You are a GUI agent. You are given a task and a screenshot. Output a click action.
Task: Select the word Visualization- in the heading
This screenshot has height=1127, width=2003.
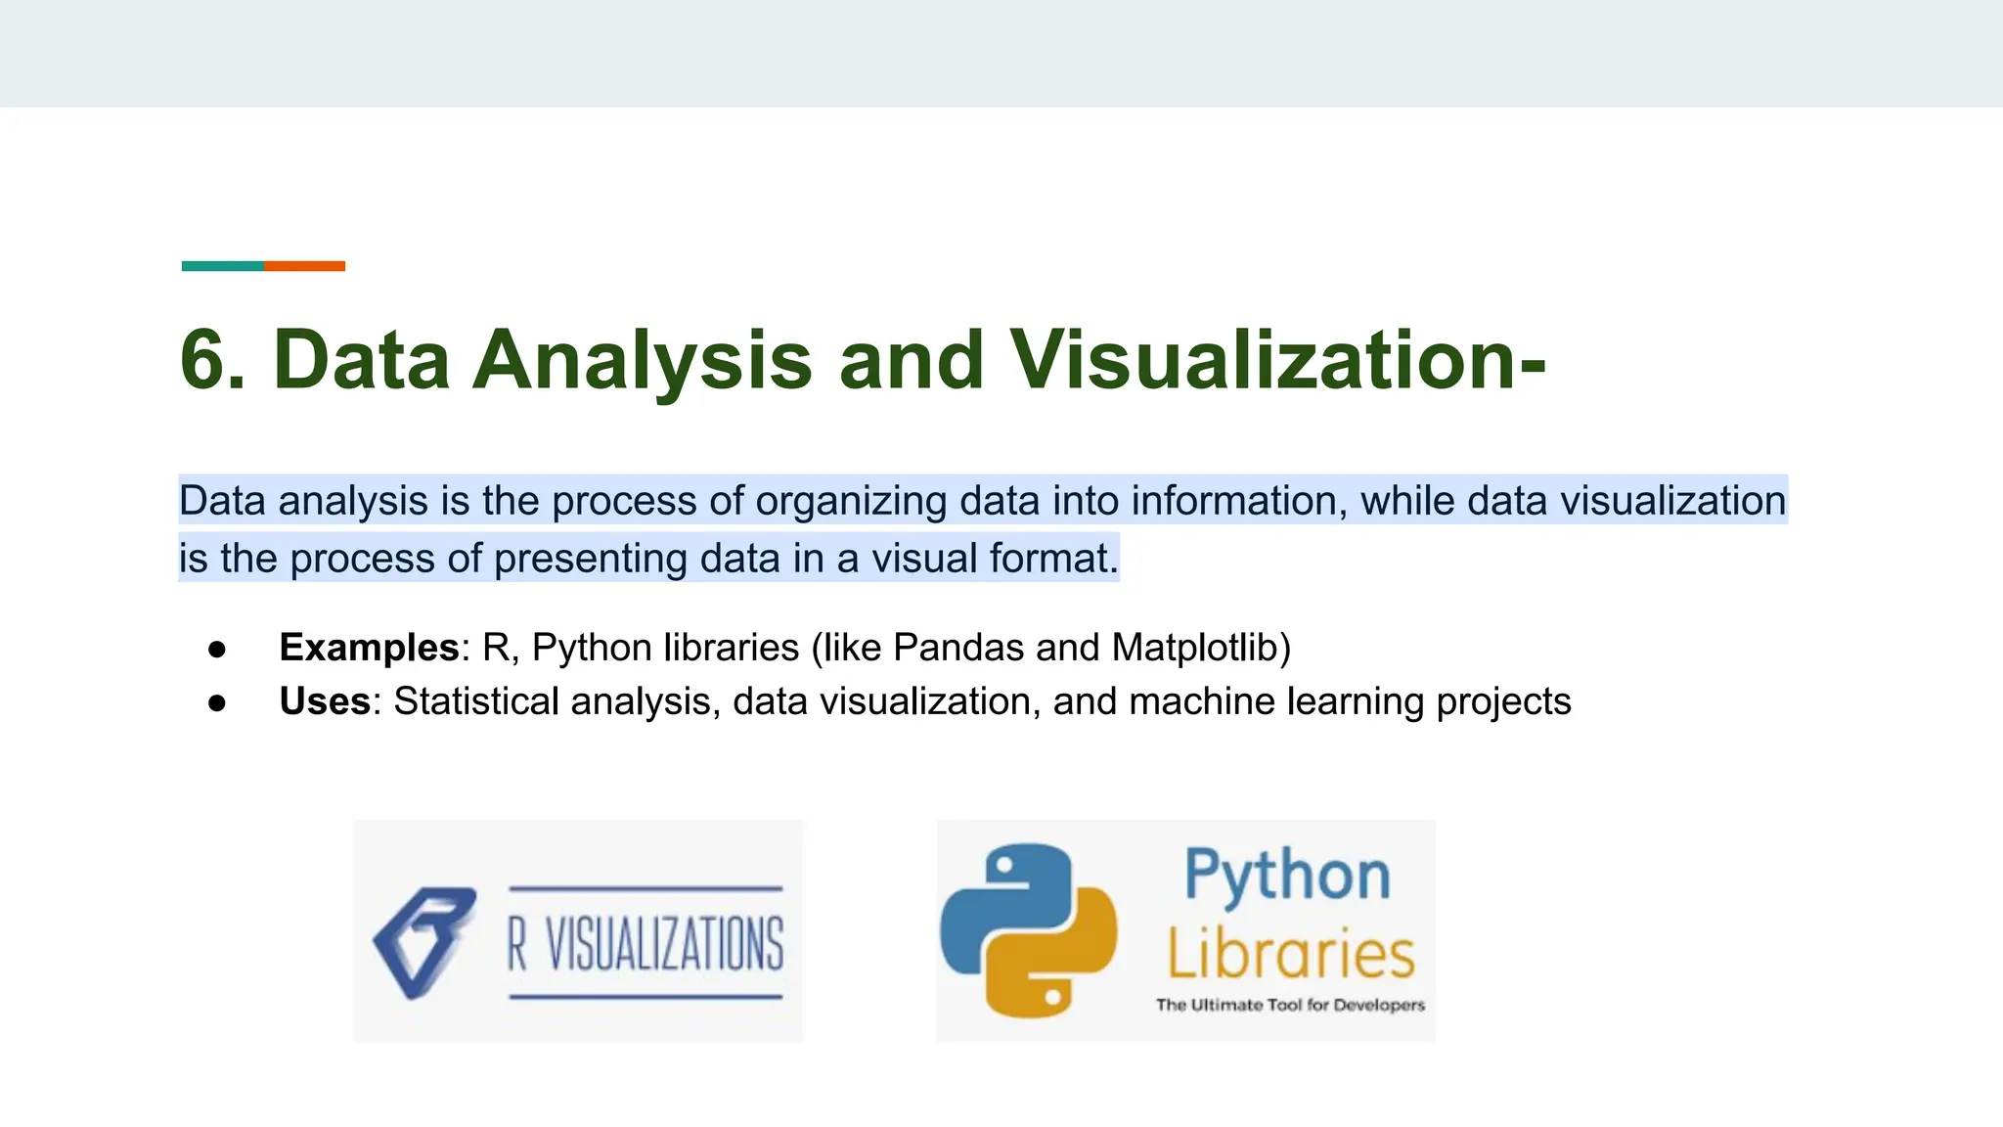pyautogui.click(x=1277, y=360)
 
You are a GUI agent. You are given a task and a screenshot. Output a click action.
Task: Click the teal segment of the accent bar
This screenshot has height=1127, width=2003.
pyautogui.click(x=223, y=266)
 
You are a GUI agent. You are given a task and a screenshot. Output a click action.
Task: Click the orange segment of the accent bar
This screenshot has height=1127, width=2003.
pyautogui.click(x=304, y=266)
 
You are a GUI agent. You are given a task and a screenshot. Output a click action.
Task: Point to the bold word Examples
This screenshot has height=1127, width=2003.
pyautogui.click(x=369, y=648)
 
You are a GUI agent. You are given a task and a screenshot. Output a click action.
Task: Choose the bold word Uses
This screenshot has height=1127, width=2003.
pyautogui.click(x=325, y=701)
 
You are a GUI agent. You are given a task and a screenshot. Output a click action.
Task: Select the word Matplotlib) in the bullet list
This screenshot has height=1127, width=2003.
pyautogui.click(x=1201, y=648)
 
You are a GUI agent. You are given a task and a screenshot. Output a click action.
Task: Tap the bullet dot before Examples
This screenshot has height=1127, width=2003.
pyautogui.click(x=217, y=650)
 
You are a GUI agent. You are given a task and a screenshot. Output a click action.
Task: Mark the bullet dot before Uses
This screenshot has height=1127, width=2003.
pyautogui.click(x=217, y=703)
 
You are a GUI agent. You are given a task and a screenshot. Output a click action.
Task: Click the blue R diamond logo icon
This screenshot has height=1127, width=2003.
pyautogui.click(x=423, y=942)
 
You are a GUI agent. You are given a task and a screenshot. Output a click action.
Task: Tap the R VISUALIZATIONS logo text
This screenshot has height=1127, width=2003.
pyautogui.click(x=645, y=944)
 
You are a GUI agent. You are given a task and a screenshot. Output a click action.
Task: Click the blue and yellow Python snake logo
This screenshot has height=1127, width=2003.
pyautogui.click(x=1029, y=930)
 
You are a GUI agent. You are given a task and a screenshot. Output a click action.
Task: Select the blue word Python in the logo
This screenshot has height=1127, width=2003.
pyautogui.click(x=1287, y=876)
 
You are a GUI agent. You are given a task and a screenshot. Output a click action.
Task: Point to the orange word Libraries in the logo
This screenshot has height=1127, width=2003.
pyautogui.click(x=1291, y=954)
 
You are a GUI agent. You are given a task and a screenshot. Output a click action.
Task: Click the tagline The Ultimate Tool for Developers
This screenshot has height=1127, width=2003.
pyautogui.click(x=1290, y=1005)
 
